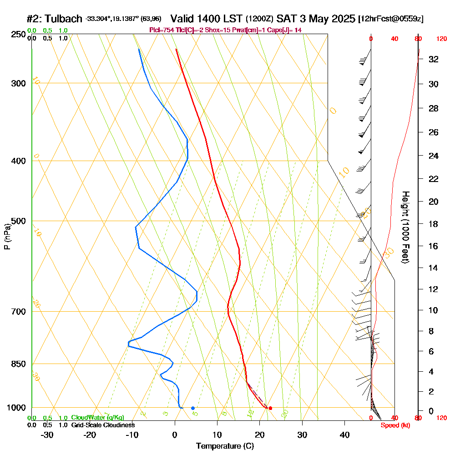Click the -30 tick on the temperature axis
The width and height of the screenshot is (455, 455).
pyautogui.click(x=47, y=435)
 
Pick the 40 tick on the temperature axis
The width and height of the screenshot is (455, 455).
pyautogui.click(x=344, y=435)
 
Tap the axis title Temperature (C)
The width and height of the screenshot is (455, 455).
pyautogui.click(x=225, y=446)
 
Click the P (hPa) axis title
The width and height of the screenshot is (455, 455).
pyautogui.click(x=7, y=236)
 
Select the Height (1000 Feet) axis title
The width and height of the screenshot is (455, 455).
pyautogui.click(x=404, y=227)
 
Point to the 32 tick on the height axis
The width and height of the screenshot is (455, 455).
pyautogui.click(x=433, y=59)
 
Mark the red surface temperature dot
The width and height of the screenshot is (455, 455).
pyautogui.click(x=270, y=408)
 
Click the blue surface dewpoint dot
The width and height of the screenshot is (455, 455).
pyautogui.click(x=193, y=408)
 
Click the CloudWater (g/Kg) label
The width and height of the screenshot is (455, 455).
pyautogui.click(x=97, y=418)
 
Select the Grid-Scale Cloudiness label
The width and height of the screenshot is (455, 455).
pyautogui.click(x=103, y=425)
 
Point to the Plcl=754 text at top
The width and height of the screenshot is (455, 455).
pyautogui.click(x=162, y=30)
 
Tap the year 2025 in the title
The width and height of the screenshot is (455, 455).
pyautogui.click(x=343, y=19)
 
